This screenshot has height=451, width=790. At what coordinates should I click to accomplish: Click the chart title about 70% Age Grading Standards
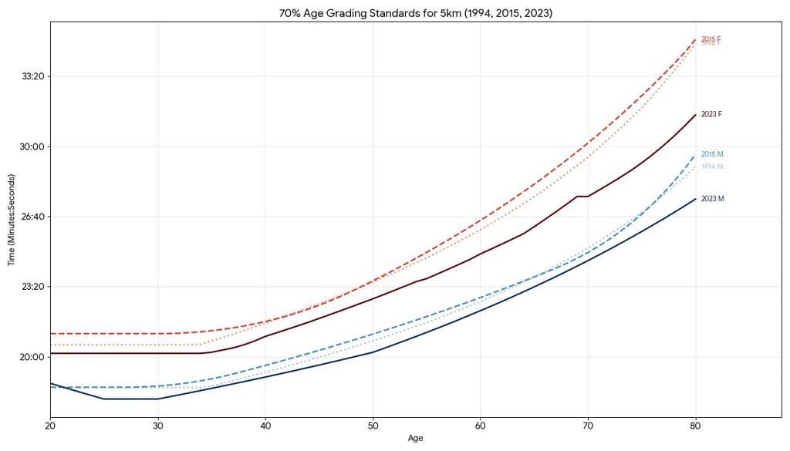394,14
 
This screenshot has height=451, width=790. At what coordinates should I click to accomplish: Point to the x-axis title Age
416,438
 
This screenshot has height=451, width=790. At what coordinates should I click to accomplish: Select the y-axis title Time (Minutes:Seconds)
12,219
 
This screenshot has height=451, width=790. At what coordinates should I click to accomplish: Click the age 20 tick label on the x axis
50,425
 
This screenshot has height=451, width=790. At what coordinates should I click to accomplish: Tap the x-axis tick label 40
265,425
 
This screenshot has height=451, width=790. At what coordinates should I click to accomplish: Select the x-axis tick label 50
373,425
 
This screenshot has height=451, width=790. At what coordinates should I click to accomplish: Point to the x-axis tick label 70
588,425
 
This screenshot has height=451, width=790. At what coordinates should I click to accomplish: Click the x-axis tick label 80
695,425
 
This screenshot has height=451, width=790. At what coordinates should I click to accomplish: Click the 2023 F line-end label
711,114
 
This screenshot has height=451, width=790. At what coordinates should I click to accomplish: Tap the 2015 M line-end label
712,154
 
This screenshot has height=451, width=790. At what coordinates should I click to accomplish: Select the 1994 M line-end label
712,167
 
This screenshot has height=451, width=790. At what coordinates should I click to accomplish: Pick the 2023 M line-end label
712,199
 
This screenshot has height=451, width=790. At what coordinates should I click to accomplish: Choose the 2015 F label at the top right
711,39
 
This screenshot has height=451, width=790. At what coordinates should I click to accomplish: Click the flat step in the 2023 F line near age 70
582,196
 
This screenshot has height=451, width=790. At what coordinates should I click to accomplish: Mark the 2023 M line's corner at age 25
104,399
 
